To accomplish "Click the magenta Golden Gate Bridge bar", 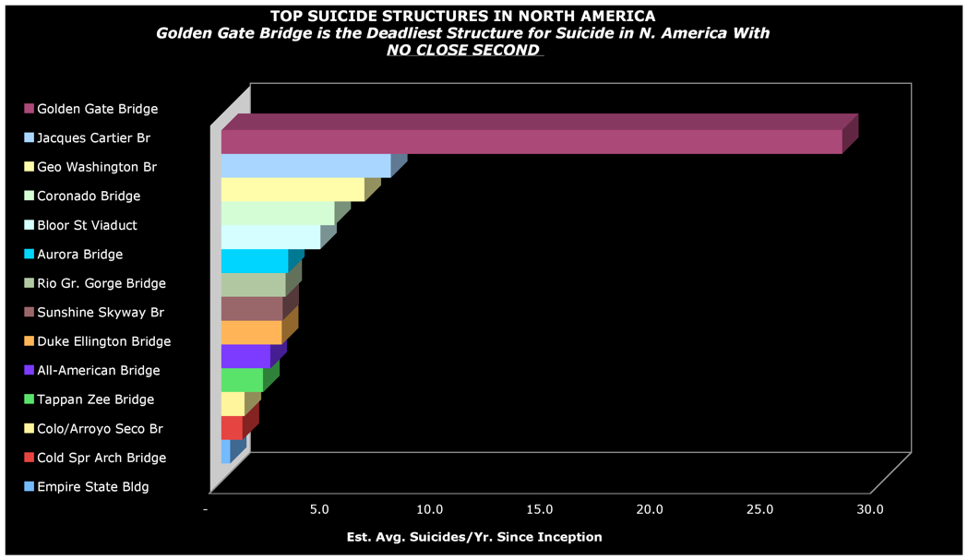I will [x=531, y=141].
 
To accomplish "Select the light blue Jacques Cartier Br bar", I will [x=305, y=165].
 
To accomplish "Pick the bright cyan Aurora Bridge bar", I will [x=255, y=260].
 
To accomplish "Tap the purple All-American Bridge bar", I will [x=245, y=356].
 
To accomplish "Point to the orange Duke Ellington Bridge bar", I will [x=251, y=332].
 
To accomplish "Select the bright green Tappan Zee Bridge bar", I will [x=242, y=380].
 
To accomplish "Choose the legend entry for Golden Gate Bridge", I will [x=97, y=109].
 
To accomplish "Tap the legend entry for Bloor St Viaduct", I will [x=87, y=225].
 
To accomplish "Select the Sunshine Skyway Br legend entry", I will [x=100, y=312].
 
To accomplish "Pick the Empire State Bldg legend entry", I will [x=92, y=486].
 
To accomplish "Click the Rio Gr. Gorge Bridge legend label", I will [x=102, y=283].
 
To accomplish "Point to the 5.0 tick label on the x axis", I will [x=319, y=508].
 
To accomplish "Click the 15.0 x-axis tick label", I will [x=540, y=508].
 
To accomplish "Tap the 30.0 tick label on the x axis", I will [x=869, y=508].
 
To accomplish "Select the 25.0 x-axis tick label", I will [x=759, y=508].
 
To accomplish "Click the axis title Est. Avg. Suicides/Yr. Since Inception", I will [x=474, y=536].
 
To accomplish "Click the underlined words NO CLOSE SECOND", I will [x=463, y=50].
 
